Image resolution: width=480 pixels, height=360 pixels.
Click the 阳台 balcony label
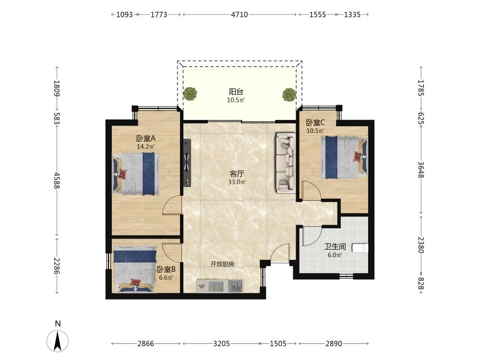(x=236, y=92)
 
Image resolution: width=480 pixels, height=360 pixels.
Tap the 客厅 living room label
(x=237, y=174)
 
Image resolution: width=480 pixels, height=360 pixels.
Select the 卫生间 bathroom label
(x=335, y=246)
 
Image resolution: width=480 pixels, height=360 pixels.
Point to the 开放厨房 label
(x=222, y=264)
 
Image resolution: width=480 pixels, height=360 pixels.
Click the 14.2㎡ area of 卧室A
(x=146, y=146)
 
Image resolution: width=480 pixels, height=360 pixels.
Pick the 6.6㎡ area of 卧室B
(x=166, y=278)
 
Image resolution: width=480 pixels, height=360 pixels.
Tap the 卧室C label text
(x=316, y=123)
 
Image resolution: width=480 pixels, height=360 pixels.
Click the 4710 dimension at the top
(x=240, y=14)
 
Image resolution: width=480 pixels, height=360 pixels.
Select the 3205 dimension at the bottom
(x=221, y=344)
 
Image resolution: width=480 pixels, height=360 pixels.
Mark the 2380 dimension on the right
(x=421, y=245)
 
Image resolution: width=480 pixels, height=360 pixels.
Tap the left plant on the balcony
(x=190, y=94)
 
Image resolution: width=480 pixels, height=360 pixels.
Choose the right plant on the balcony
(x=289, y=94)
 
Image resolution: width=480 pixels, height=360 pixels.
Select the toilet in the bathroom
(x=360, y=248)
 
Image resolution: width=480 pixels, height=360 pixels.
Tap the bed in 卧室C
(x=344, y=157)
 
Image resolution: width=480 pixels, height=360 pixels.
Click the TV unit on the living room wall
(x=187, y=162)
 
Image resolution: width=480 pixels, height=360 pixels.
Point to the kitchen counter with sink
(x=219, y=286)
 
